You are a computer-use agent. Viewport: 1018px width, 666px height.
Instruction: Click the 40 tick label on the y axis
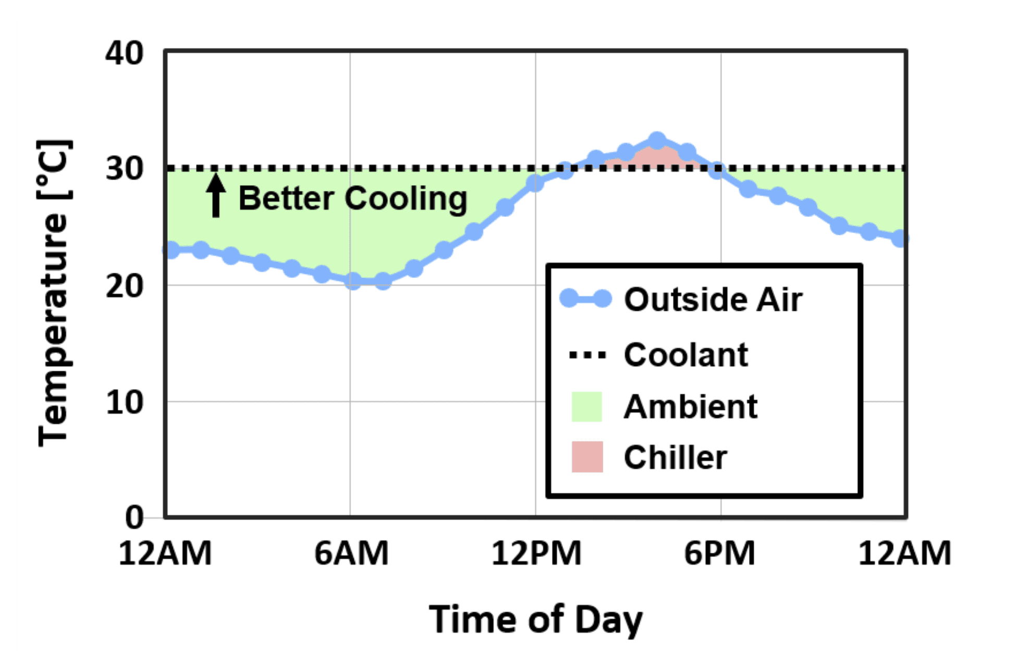(124, 53)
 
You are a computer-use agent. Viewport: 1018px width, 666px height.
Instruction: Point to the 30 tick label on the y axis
(124, 169)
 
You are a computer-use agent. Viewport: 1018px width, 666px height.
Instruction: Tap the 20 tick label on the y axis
(124, 286)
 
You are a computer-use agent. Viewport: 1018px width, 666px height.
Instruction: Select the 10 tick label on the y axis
(124, 403)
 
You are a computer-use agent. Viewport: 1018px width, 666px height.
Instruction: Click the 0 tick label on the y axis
(134, 518)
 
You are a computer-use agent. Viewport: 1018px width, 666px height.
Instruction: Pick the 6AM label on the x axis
(351, 553)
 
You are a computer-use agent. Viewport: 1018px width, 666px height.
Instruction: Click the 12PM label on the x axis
(536, 553)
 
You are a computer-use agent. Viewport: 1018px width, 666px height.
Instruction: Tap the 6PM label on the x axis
(719, 553)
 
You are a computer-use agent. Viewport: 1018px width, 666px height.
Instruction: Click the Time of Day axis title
(535, 619)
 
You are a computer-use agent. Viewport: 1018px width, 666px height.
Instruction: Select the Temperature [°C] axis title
(53, 292)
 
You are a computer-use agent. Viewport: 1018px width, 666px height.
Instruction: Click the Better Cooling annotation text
(353, 199)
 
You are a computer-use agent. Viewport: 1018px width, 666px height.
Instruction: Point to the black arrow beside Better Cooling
(216, 196)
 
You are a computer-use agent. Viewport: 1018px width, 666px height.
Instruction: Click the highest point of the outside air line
(657, 141)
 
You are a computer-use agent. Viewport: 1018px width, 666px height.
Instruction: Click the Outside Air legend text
(713, 300)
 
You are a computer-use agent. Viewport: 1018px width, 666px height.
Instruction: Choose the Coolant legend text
(685, 355)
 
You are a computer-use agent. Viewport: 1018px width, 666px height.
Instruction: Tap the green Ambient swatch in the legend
(587, 407)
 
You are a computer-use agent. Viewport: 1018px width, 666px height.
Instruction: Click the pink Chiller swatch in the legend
(587, 457)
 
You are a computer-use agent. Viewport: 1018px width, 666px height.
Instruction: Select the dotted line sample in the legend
(587, 356)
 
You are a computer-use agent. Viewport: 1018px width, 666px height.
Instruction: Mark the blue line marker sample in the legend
(585, 299)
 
